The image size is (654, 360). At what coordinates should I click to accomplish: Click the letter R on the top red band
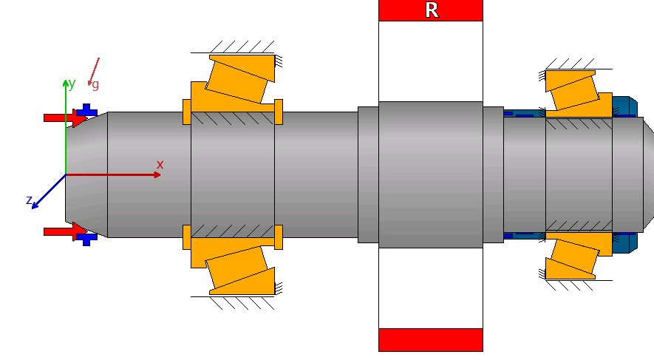pyautogui.click(x=432, y=10)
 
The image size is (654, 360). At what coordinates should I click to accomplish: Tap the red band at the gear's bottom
pyautogui.click(x=430, y=340)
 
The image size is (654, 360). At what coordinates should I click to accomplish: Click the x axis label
pyautogui.click(x=160, y=165)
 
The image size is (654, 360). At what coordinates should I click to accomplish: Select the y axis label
pyautogui.click(x=72, y=84)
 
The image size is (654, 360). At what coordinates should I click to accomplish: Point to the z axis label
pyautogui.click(x=29, y=200)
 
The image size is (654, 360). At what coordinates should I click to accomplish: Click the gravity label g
pyautogui.click(x=95, y=85)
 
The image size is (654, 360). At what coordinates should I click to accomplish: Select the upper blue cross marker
pyautogui.click(x=87, y=113)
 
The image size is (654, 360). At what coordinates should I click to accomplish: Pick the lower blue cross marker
pyautogui.click(x=87, y=237)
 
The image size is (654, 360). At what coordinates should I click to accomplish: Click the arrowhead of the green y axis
pyautogui.click(x=66, y=81)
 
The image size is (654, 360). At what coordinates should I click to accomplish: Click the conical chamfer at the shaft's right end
pyautogui.click(x=647, y=175)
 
